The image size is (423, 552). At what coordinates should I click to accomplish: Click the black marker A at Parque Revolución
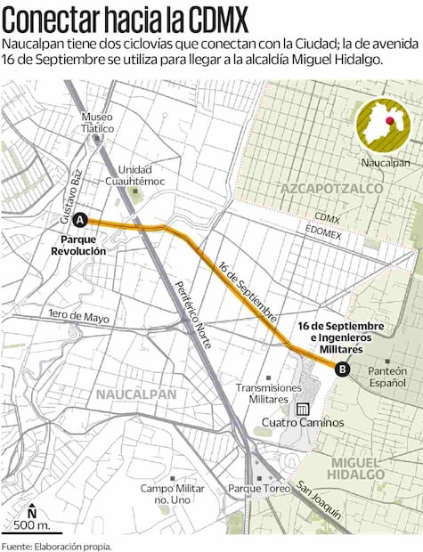point(80,220)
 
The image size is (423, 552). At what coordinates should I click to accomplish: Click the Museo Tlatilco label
point(98,123)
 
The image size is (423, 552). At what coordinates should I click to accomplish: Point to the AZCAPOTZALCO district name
point(331,189)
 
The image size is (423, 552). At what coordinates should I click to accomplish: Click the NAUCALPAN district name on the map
point(137,393)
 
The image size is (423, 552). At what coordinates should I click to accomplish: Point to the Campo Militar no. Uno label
point(173,494)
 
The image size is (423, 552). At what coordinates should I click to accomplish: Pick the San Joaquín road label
point(320,499)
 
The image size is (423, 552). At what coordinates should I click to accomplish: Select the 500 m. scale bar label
point(32,525)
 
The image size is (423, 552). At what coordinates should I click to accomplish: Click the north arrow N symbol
point(31,511)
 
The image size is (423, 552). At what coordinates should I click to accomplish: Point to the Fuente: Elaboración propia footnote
point(57,545)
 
